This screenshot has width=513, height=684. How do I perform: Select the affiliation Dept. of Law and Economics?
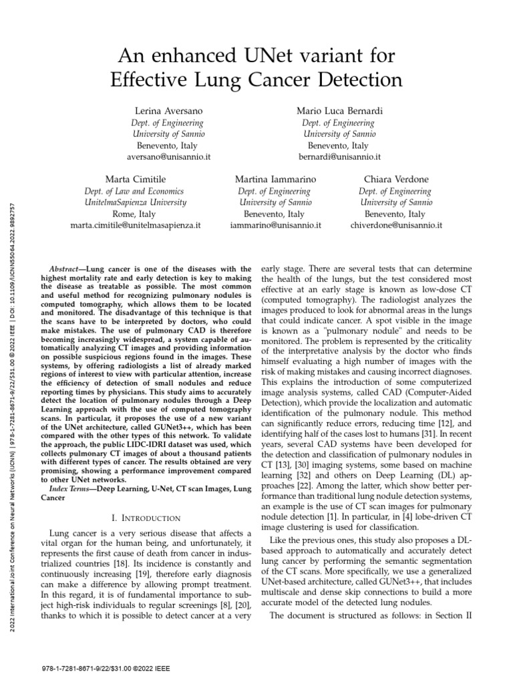[x=136, y=191]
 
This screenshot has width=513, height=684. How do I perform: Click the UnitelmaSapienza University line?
[x=136, y=202]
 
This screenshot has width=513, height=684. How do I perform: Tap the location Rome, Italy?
[x=136, y=214]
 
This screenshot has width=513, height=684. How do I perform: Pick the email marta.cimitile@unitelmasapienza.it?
[x=136, y=226]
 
